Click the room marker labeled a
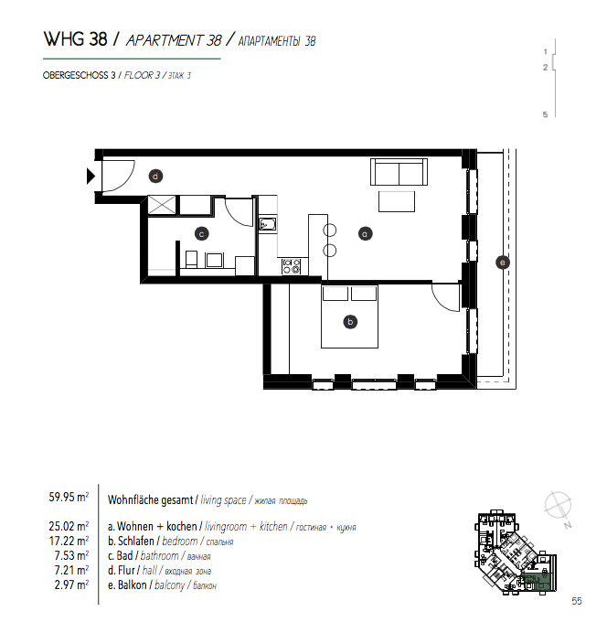(365, 233)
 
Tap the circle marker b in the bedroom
(350, 322)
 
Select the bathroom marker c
(201, 233)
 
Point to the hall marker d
(155, 177)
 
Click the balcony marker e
(503, 263)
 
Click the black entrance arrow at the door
(91, 177)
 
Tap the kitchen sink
(268, 224)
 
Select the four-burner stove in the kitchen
(292, 266)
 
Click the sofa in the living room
(399, 172)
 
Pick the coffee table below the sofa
(397, 201)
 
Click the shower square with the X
(162, 205)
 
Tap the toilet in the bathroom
(191, 259)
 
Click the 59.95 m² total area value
(69, 497)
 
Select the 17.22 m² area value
(69, 541)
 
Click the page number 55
(577, 601)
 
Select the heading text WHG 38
(75, 39)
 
